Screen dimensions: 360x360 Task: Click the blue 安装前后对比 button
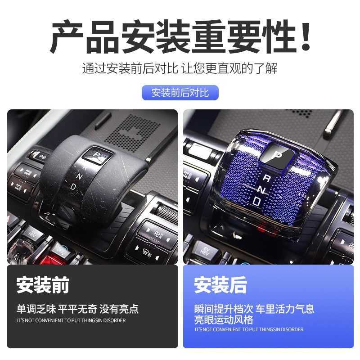(x=180, y=93)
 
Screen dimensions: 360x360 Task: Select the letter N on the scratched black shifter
(x=80, y=175)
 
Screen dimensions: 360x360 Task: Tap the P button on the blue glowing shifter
(x=278, y=157)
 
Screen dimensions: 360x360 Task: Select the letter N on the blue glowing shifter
(x=262, y=190)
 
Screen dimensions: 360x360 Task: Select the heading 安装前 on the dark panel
(x=43, y=285)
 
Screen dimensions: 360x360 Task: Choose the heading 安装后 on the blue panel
(x=220, y=285)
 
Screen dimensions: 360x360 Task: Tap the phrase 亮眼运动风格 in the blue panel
(x=224, y=319)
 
